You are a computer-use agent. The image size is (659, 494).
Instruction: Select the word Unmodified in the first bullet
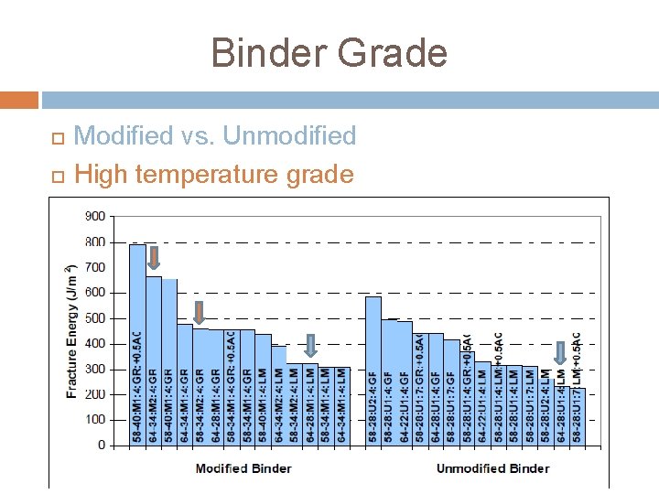pos(289,136)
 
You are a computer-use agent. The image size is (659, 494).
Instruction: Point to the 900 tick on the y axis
pos(120,217)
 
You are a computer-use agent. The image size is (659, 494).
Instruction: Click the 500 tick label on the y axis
pos(120,318)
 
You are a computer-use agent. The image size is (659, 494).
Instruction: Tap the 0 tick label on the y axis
pos(126,445)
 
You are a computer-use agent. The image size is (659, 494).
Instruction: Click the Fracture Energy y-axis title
pos(71,331)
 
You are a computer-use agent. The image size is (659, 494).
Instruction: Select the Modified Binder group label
pos(243,468)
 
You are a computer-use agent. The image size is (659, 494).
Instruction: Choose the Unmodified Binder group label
pos(492,468)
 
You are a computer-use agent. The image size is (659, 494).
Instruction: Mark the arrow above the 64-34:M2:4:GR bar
pos(154,257)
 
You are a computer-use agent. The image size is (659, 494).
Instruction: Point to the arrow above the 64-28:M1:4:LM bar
pos(310,344)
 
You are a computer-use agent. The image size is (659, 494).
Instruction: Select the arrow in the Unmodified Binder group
pos(560,351)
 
